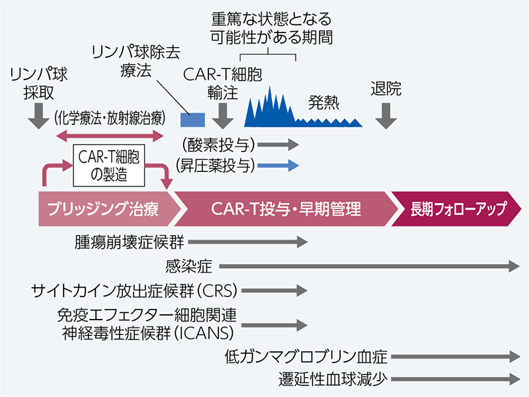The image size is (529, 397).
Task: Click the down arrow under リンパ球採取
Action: [34, 119]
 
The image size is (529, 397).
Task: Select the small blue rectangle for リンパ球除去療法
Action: [192, 120]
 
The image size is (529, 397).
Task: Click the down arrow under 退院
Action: [386, 117]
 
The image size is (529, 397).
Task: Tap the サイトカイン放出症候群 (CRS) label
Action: [135, 290]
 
